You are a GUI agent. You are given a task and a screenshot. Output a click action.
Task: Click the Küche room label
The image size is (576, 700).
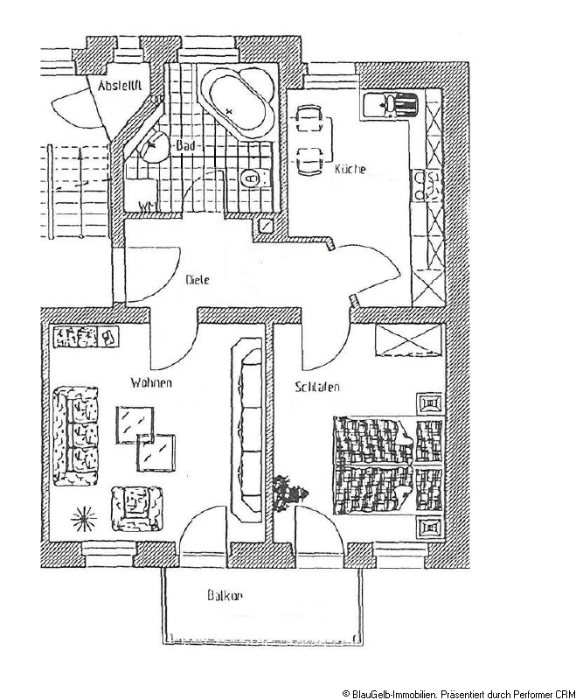pyautogui.click(x=350, y=169)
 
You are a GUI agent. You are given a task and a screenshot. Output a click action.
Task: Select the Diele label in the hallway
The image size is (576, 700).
pyautogui.click(x=198, y=281)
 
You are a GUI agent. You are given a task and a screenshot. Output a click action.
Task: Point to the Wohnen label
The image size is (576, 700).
pyautogui.click(x=151, y=383)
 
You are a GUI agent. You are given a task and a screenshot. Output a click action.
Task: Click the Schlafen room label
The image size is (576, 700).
pyautogui.click(x=316, y=387)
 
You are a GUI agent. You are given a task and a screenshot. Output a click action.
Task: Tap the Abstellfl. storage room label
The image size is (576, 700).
pyautogui.click(x=120, y=87)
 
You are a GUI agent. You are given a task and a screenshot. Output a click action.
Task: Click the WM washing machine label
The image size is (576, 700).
pyautogui.click(x=148, y=206)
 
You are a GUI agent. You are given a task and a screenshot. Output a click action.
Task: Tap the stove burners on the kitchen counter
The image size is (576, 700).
pyautogui.click(x=429, y=185)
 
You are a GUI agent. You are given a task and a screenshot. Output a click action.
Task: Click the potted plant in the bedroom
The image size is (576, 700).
pyautogui.click(x=289, y=492)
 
